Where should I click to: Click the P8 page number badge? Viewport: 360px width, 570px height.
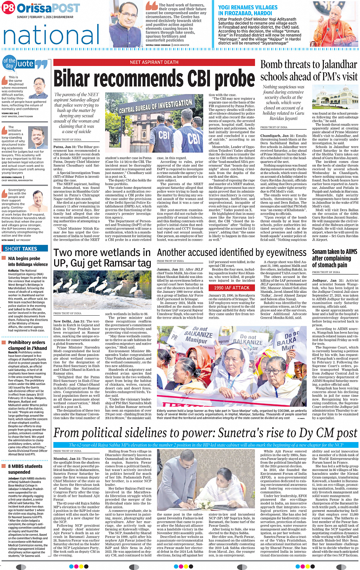[x=8, y=8]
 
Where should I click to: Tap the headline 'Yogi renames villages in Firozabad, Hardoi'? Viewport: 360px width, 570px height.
[x=248, y=10]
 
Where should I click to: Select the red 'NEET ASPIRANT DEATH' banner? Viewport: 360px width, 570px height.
[x=154, y=62]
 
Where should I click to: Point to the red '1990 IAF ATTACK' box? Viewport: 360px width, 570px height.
[x=232, y=288]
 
